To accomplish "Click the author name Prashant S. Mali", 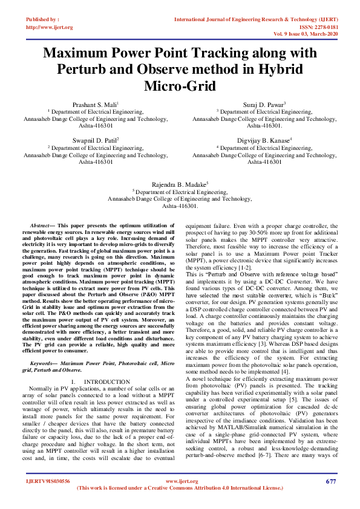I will (x=95, y=105).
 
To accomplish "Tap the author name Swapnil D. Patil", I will (x=95, y=140).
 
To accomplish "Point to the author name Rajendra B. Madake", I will (x=179, y=183).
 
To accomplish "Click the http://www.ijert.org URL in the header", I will (x=50, y=27).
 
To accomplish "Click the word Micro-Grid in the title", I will (x=179, y=86).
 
